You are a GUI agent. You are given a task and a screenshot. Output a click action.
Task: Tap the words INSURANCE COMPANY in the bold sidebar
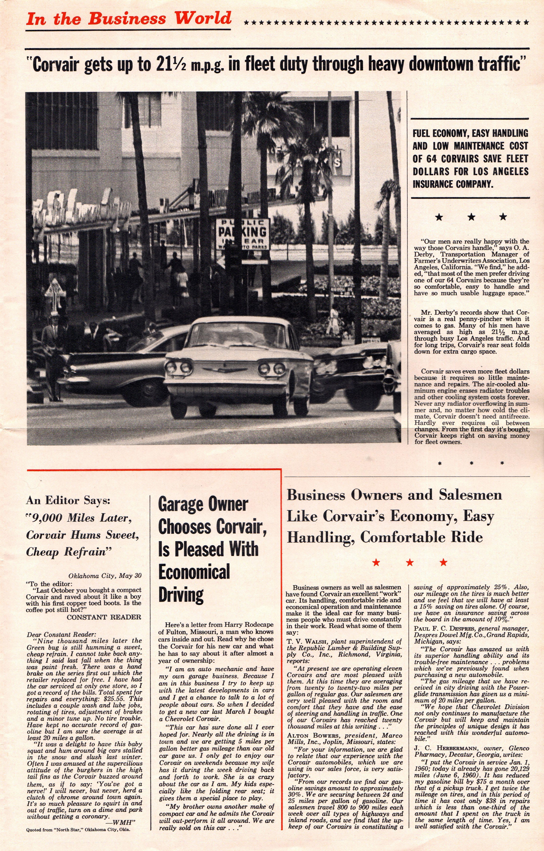[453, 184]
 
